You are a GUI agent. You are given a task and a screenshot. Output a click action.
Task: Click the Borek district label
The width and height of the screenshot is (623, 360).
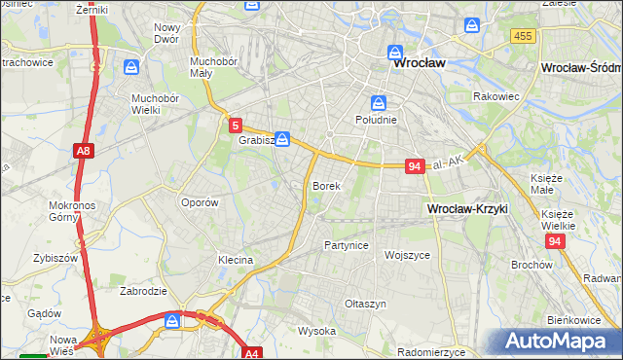[x=326, y=185]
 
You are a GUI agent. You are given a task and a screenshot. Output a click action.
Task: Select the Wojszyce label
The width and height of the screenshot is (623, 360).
[x=407, y=254]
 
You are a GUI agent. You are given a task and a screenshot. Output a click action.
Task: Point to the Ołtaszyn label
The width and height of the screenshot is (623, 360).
[x=366, y=304]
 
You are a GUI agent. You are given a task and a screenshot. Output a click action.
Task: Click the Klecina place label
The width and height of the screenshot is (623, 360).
[x=236, y=260]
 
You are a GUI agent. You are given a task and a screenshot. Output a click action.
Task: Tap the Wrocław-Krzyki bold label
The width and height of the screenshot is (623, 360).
[x=467, y=209]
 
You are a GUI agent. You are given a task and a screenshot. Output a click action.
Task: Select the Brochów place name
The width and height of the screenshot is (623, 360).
[x=531, y=265]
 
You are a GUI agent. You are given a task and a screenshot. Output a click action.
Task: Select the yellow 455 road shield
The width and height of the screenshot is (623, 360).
[x=522, y=35]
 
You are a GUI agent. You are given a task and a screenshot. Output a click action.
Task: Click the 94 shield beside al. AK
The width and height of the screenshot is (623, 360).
[x=415, y=166]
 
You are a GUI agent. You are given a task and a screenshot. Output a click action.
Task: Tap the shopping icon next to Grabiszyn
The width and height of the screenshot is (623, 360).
[x=282, y=140]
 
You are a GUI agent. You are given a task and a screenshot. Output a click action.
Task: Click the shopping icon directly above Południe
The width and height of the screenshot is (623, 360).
[x=378, y=103]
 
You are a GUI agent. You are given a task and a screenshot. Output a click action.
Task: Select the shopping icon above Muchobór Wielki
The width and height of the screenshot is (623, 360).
[x=131, y=69]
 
